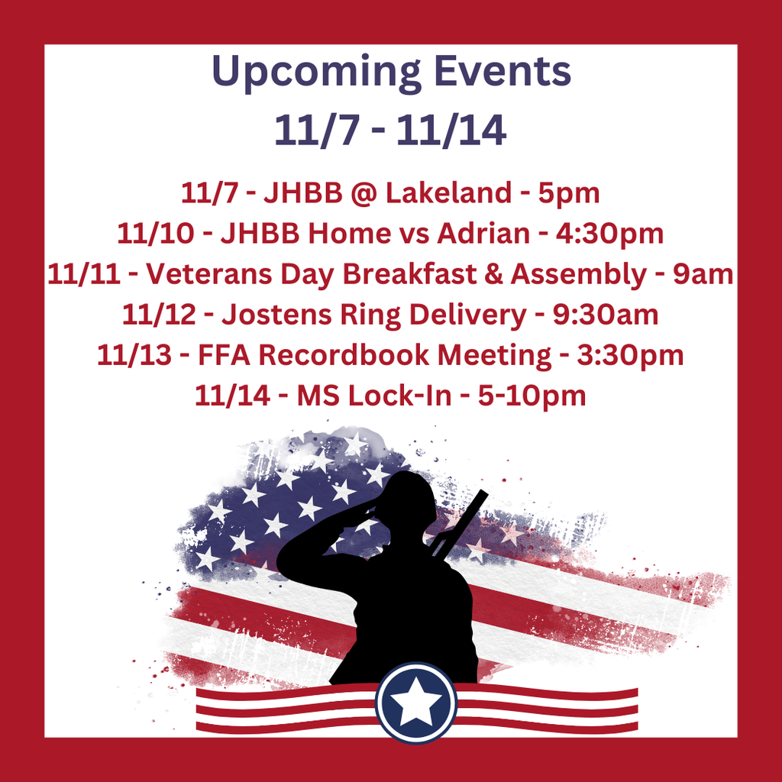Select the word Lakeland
pyautogui.click(x=448, y=193)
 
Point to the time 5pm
pyautogui.click(x=569, y=193)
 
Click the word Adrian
pyautogui.click(x=483, y=234)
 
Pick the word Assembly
pyautogui.click(x=578, y=274)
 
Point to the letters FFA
pyautogui.click(x=222, y=355)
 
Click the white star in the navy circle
pyautogui.click(x=416, y=702)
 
